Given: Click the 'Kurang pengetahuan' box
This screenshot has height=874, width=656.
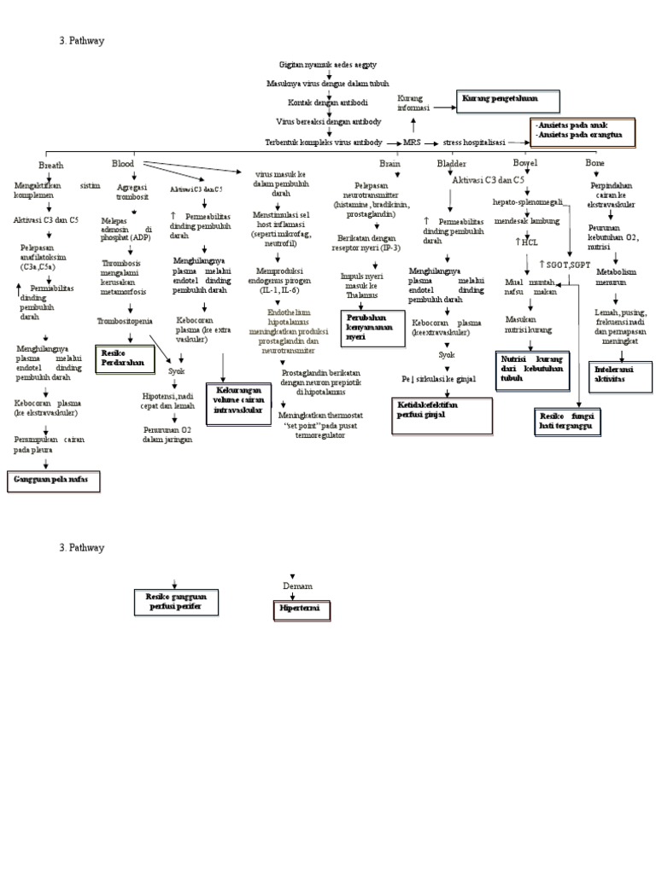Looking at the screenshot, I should pos(507,101).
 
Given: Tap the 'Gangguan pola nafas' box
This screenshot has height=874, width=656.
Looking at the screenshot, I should pos(53,481).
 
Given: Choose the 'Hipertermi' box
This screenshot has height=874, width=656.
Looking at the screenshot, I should pos(295,609).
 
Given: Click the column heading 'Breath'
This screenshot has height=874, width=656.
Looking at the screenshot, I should pos(50,165).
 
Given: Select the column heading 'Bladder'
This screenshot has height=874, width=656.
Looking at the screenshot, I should pos(451,162).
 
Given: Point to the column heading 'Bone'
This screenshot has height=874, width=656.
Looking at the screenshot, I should pos(594,161).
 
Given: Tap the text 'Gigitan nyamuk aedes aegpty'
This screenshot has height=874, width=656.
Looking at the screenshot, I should pos(328,65).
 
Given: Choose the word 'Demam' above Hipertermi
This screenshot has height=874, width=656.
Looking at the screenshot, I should pos(297,586).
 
